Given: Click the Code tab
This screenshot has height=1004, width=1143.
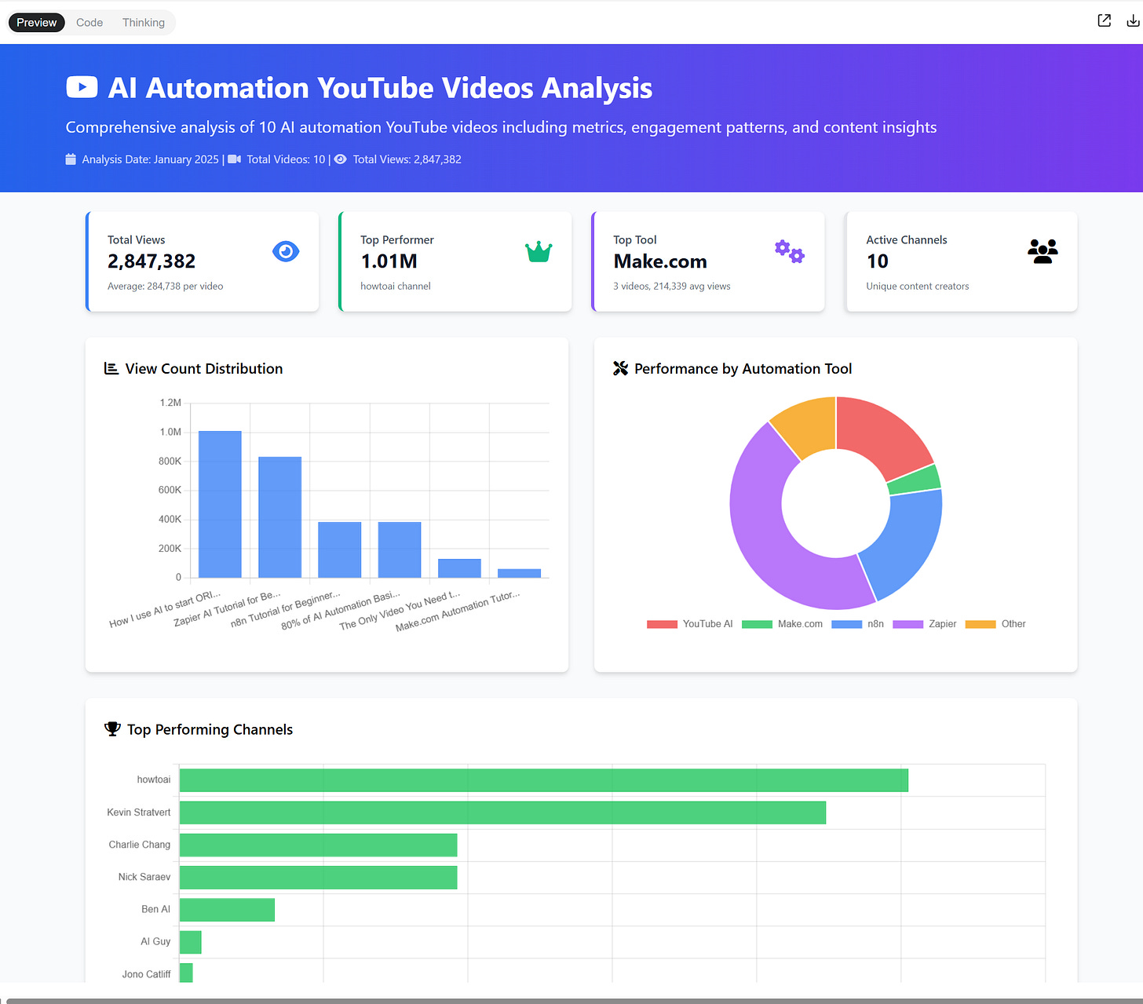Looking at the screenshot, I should pos(89,23).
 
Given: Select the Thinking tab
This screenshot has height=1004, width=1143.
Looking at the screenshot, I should pos(144,23).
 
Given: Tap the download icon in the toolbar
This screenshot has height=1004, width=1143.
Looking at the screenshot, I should pos(1133,21).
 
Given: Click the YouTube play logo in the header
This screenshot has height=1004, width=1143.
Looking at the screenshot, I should pos(82,87).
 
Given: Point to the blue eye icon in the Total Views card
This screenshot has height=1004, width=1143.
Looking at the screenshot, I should pos(286,251).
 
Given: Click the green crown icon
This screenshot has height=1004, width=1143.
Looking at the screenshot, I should pos(539,251).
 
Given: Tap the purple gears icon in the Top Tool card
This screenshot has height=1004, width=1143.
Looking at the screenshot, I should pos(790,252).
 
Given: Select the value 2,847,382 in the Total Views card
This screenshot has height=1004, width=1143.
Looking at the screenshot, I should pos(152,261).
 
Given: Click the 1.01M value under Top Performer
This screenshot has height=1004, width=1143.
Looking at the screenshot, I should pos(389,261).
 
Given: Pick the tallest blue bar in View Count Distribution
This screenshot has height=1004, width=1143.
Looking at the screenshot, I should pos(220,504).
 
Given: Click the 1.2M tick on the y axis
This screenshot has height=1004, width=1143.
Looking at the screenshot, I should pos(170,403).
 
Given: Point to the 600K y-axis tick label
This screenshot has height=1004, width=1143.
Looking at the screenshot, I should pos(170,490).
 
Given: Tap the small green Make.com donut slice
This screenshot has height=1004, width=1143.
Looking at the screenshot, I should pos(915,480).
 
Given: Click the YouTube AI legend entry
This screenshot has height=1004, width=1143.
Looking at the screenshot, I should pos(690,624).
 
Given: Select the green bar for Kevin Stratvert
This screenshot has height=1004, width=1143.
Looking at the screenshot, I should pos(502,812).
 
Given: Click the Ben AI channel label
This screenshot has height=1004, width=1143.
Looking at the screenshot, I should pos(155,909).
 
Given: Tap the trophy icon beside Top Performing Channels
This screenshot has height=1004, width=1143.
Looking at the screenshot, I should pos(112,729).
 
